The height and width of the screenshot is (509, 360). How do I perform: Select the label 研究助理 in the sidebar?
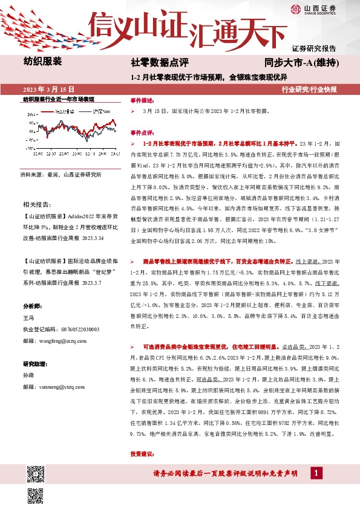tap(34, 363)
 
